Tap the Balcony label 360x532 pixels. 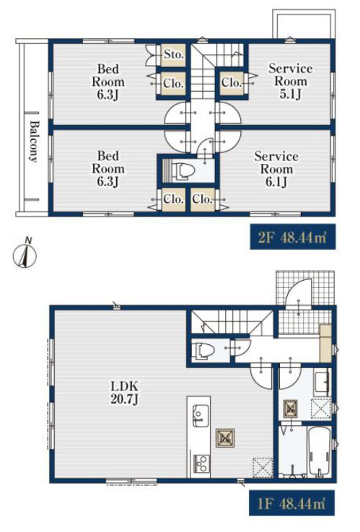(33, 141)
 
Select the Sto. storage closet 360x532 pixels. (174, 55)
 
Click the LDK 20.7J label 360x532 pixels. (124, 393)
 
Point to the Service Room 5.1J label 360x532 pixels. (291, 81)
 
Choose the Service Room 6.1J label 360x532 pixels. (276, 169)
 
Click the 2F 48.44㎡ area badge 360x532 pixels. (293, 237)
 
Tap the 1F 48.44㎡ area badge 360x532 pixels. (293, 503)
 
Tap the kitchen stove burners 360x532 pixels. (201, 464)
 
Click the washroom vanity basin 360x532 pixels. (322, 383)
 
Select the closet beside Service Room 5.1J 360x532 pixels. (231, 82)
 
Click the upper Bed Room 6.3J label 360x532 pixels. (108, 82)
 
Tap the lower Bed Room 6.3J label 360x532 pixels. (108, 169)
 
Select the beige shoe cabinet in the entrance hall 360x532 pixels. (325, 343)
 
